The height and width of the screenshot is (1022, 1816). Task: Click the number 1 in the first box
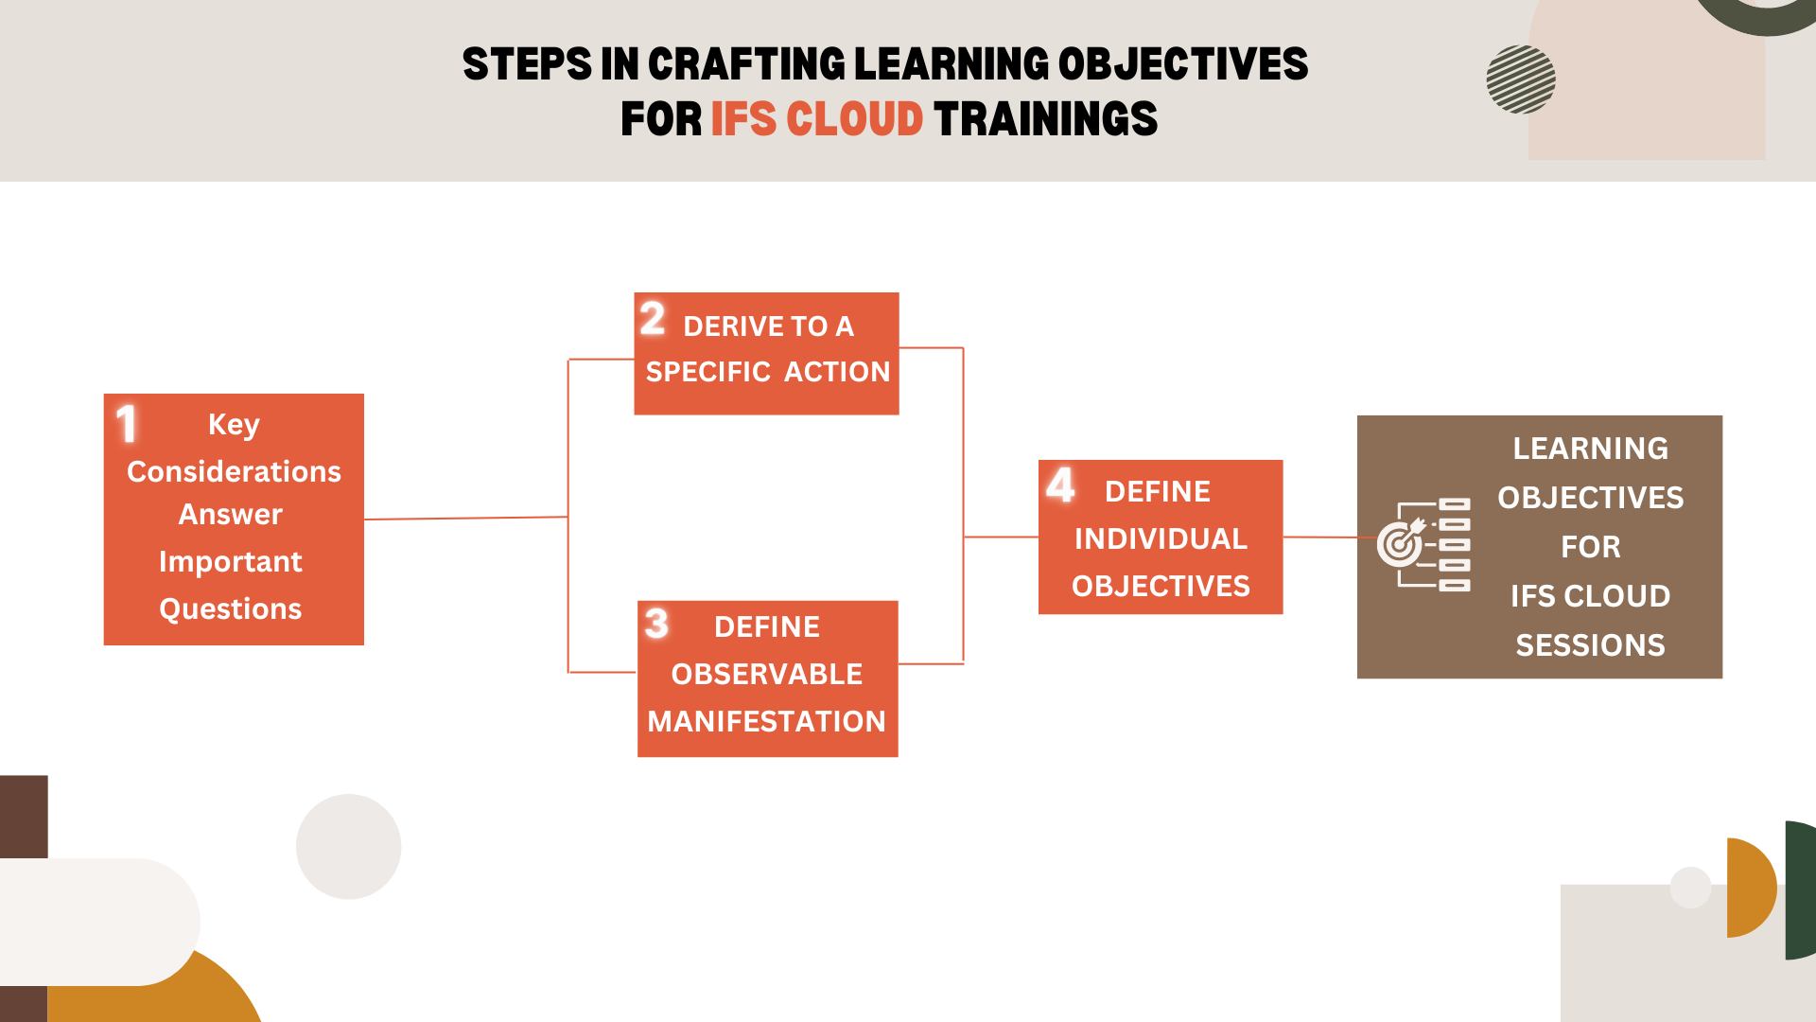(127, 424)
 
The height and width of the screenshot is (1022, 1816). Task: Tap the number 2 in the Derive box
(653, 319)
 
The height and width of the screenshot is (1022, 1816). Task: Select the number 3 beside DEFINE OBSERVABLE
(656, 624)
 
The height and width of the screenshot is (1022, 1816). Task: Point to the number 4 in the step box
(1060, 485)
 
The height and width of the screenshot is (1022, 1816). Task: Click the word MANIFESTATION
(766, 722)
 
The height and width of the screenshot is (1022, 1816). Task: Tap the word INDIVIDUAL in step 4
(1161, 539)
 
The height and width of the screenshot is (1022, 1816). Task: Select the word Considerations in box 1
(234, 471)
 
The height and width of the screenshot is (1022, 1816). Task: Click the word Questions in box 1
(230, 608)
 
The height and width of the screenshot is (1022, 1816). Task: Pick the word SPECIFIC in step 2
(708, 372)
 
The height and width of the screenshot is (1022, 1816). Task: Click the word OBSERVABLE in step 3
(766, 675)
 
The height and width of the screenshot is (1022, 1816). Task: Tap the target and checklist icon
(1423, 544)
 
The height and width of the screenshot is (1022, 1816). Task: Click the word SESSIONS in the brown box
(1590, 645)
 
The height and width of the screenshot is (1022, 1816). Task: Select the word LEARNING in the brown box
(1590, 449)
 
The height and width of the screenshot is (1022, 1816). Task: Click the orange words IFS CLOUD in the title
(816, 120)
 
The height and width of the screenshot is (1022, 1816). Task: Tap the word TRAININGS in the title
(1045, 120)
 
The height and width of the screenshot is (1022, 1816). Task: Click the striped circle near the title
(1520, 79)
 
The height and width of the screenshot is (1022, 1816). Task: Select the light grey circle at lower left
(348, 846)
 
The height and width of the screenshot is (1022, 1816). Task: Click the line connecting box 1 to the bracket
(465, 519)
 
